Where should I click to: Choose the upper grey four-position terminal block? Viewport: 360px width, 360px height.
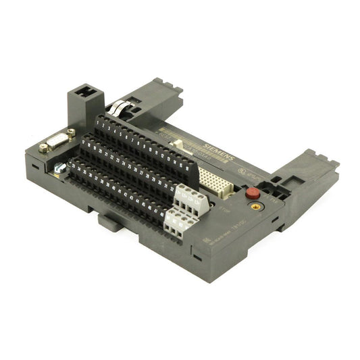point(190,198)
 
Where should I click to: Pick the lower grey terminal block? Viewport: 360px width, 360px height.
point(177,221)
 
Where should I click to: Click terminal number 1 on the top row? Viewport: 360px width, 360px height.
point(103,122)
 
